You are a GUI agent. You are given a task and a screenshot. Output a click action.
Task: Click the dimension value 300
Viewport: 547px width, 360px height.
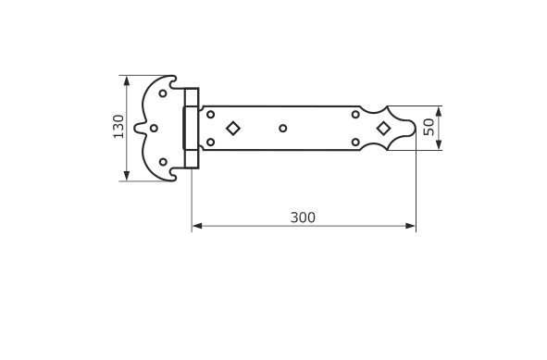click(x=303, y=217)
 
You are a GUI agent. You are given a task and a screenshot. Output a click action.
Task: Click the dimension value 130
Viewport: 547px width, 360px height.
click(x=118, y=127)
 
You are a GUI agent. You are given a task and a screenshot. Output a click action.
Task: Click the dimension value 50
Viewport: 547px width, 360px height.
click(x=429, y=127)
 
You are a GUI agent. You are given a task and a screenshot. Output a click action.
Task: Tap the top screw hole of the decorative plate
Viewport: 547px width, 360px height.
click(x=163, y=93)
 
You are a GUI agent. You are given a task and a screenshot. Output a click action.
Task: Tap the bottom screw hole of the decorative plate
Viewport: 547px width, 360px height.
click(x=163, y=162)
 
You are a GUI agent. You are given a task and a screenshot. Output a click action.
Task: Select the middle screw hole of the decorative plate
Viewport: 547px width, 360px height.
click(x=154, y=129)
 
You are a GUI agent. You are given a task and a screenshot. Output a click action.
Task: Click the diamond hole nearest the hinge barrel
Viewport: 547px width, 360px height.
click(x=233, y=129)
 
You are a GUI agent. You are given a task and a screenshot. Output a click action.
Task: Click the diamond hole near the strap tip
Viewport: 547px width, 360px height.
click(x=384, y=129)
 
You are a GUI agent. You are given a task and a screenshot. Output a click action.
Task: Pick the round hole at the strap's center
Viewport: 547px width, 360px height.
click(x=283, y=129)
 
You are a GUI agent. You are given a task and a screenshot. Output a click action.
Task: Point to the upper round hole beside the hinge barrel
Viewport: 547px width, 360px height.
click(x=210, y=114)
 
